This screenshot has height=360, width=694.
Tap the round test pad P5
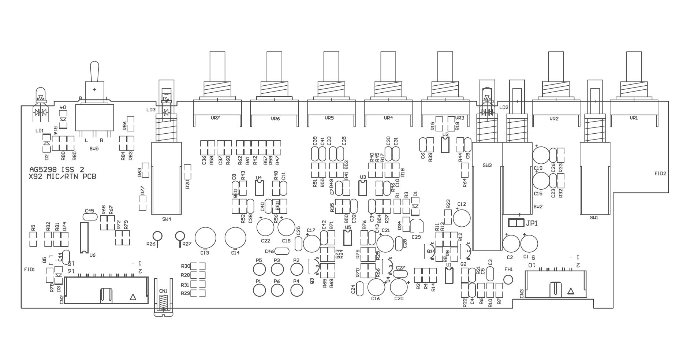pyautogui.click(x=259, y=270)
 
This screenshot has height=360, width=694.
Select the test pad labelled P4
pyautogui.click(x=297, y=290)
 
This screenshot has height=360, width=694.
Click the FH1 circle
pyautogui.click(x=508, y=279)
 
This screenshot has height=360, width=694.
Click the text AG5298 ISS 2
pyautogui.click(x=57, y=170)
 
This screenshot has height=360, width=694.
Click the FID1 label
pyautogui.click(x=30, y=269)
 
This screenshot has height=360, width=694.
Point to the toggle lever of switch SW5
pyautogui.click(x=94, y=71)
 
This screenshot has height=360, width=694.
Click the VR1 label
pyautogui.click(x=634, y=118)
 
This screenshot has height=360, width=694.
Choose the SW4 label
pyautogui.click(x=166, y=219)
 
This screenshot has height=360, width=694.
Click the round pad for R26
pyautogui.click(x=157, y=236)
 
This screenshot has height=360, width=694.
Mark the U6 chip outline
pyautogui.click(x=84, y=237)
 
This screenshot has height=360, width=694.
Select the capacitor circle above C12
pyautogui.click(x=462, y=218)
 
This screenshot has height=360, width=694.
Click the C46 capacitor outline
pyautogui.click(x=281, y=251)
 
